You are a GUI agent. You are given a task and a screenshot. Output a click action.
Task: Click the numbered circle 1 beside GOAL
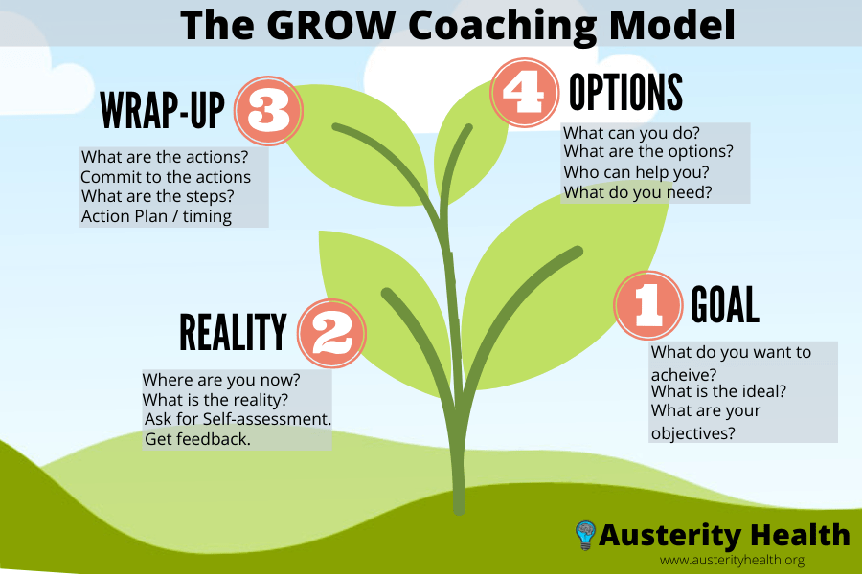[646, 305]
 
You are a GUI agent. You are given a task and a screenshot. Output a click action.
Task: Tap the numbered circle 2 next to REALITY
[331, 333]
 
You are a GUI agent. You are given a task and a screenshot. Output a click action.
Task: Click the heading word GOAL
[725, 305]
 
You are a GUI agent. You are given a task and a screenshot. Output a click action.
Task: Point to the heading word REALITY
[233, 333]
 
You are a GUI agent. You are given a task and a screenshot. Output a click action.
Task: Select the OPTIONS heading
[625, 93]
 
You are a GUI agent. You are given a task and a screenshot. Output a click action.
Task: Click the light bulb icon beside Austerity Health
[585, 534]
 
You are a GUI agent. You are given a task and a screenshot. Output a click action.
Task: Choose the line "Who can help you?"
[636, 172]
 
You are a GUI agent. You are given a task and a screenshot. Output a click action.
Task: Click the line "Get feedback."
[197, 439]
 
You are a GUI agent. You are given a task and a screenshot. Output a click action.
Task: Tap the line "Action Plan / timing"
[156, 216]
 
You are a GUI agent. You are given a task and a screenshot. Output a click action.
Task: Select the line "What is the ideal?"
[719, 391]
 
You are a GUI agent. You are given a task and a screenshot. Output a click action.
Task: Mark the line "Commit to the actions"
[166, 177]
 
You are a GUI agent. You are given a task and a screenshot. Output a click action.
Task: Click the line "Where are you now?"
[221, 379]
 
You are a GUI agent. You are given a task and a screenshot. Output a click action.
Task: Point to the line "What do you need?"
[638, 192]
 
